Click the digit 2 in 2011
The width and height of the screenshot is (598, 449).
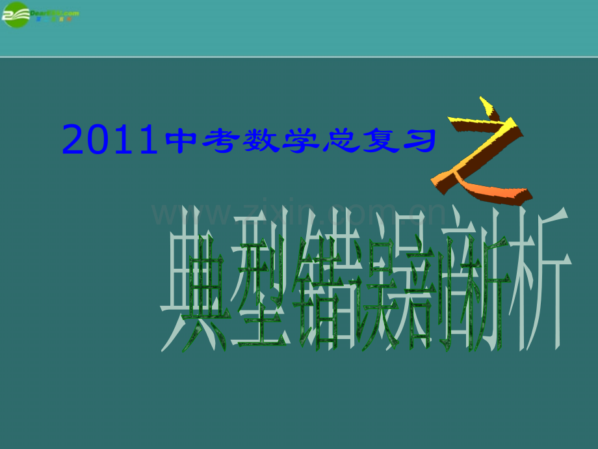tap(73, 141)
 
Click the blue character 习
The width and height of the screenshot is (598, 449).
tap(419, 141)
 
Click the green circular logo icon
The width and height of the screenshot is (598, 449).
tap(16, 14)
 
